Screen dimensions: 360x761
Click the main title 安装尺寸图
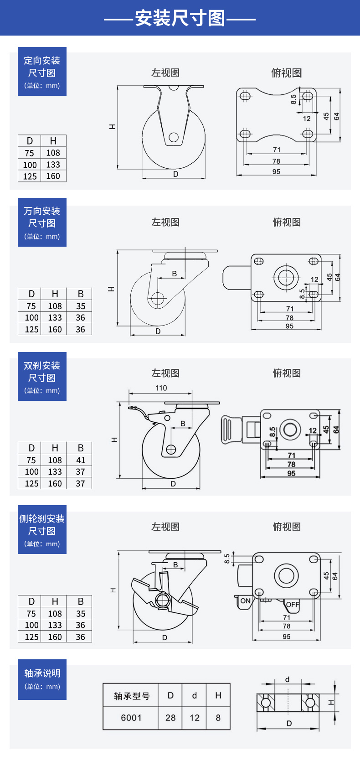pos(180,18)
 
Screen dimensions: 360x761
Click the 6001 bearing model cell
pos(131,718)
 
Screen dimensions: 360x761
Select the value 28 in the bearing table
pos(170,718)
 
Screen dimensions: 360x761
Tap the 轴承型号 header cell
pos(132,696)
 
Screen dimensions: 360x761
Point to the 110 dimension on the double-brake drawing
pos(161,388)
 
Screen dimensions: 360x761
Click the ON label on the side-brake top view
pos(245,601)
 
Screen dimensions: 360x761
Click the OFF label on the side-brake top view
pos(293,605)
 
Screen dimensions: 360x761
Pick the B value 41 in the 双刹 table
pos(81,460)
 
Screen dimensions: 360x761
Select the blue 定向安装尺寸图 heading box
pos(42,71)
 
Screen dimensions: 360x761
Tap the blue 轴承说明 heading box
pos(42,679)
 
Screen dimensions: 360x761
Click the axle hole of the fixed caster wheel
pos(174,137)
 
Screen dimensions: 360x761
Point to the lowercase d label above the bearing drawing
pos(288,679)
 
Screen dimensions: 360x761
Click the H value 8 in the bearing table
pos(218,718)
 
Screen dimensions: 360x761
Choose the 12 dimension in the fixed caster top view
pos(307,118)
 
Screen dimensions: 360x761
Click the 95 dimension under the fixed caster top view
pos(277,171)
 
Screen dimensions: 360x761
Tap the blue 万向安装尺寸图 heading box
pos(42,222)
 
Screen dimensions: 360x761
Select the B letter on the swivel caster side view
pos(174,274)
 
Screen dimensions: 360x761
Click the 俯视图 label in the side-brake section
pos(287,527)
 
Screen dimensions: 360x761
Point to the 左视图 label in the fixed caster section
pos(165,72)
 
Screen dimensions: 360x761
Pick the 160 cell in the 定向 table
pos(53,176)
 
